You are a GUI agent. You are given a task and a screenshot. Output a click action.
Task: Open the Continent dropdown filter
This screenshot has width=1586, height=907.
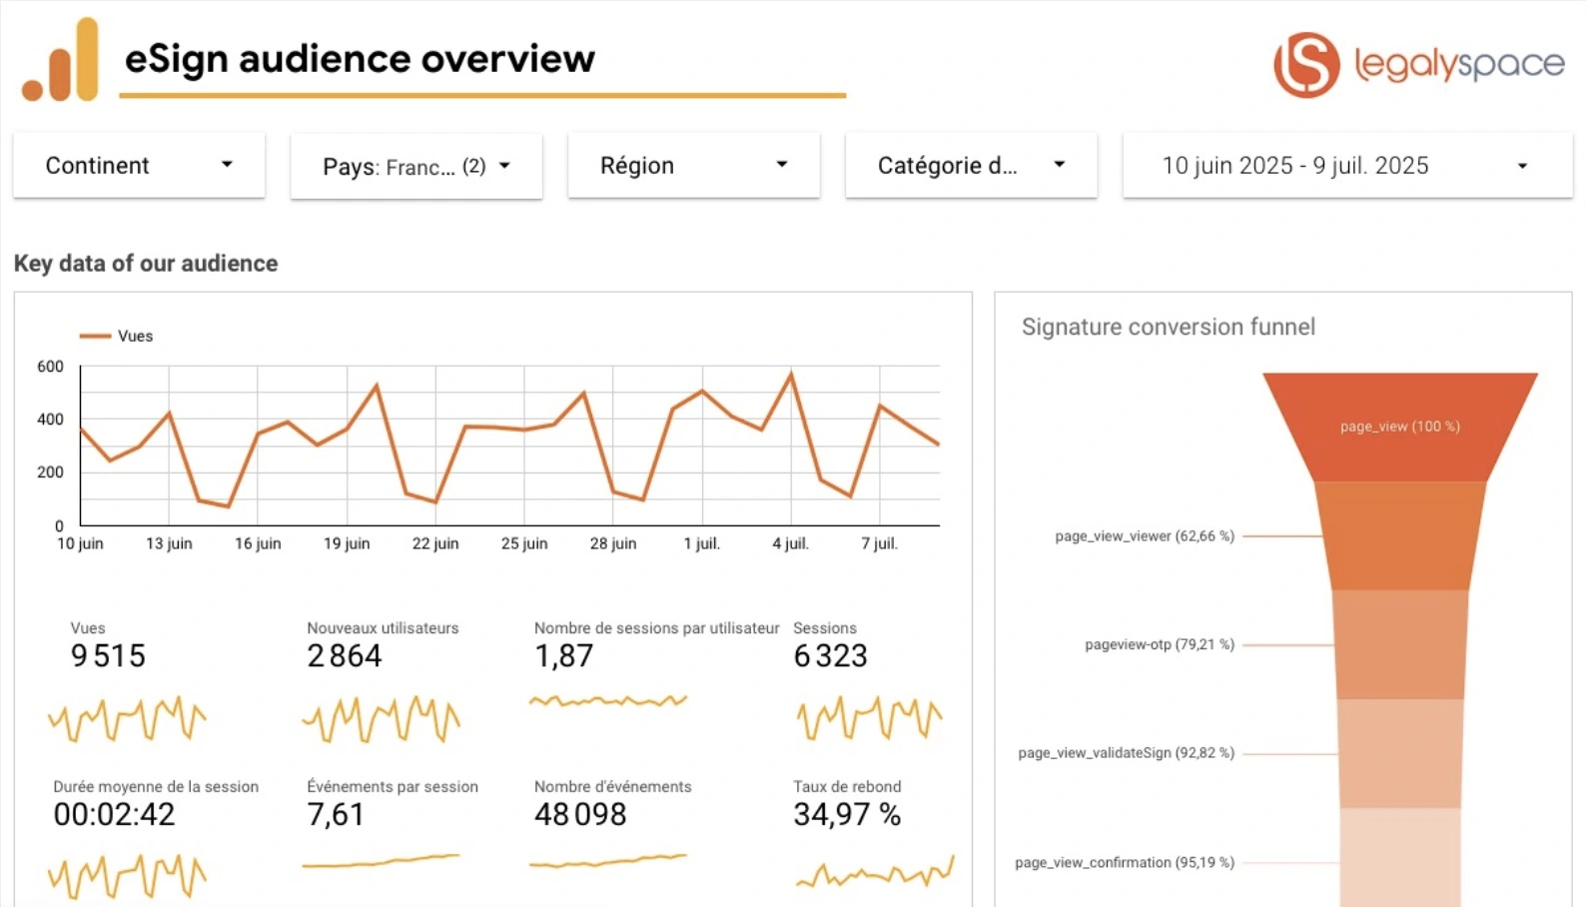coord(139,165)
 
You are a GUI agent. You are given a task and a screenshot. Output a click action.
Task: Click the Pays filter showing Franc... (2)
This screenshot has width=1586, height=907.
coord(416,166)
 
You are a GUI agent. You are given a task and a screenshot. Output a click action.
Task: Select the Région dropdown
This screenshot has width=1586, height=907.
coord(694,165)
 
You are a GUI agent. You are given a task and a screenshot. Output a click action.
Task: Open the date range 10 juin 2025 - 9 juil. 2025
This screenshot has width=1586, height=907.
coord(1346,165)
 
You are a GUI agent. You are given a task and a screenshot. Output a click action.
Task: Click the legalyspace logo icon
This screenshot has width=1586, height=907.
coord(1306,64)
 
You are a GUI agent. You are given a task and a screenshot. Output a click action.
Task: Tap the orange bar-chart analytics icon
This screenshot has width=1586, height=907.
coord(62,61)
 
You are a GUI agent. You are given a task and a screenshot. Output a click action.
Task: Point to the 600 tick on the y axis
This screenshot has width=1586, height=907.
coord(50,367)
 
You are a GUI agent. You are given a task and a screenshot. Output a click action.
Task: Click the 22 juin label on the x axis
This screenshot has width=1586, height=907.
coord(435,543)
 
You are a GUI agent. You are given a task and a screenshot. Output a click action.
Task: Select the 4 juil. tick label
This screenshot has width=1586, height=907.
coord(790,543)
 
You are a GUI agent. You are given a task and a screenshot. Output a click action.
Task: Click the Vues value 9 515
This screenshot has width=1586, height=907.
coord(108,656)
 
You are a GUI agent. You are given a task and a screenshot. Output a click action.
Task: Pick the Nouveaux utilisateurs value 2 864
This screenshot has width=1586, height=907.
coord(345,656)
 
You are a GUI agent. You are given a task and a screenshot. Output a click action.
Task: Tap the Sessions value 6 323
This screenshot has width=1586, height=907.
coord(830,656)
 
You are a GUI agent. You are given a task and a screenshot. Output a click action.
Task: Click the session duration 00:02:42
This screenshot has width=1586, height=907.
coord(114,815)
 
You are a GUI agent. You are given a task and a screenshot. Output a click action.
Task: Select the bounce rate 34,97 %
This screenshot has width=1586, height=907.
coord(847,815)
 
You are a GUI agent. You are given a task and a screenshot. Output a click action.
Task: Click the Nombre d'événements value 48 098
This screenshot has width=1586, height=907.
coord(580,815)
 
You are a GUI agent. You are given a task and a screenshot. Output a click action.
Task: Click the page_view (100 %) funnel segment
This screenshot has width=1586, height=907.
coord(1399,427)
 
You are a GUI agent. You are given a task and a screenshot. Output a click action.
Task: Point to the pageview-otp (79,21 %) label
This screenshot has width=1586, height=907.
coord(1160,644)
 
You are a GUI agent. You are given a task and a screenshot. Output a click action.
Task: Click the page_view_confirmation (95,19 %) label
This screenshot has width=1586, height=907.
coord(1125,862)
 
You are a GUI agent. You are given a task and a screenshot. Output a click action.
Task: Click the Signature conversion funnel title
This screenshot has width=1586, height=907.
coord(1168,327)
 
